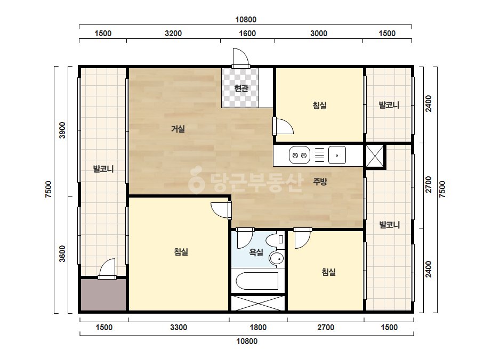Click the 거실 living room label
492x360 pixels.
click(178, 129)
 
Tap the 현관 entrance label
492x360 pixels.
click(241, 88)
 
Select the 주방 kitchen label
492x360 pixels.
click(320, 181)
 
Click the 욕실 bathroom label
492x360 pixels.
click(256, 252)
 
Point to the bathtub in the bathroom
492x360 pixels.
click(257, 281)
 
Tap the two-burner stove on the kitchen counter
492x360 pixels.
click(300, 155)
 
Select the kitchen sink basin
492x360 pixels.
click(337, 155)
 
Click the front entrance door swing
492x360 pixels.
click(241, 58)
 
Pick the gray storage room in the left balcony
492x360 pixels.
click(103, 295)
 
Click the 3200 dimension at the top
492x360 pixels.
click(173, 34)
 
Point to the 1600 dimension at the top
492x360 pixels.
click(247, 34)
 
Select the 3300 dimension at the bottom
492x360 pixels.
click(179, 328)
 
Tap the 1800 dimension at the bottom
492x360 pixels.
click(258, 328)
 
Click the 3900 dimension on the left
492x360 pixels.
click(62, 130)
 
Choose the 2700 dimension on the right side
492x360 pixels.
click(429, 184)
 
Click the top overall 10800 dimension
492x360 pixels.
click(246, 20)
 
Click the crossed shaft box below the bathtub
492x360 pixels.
click(258, 303)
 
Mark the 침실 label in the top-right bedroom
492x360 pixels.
click(320, 105)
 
